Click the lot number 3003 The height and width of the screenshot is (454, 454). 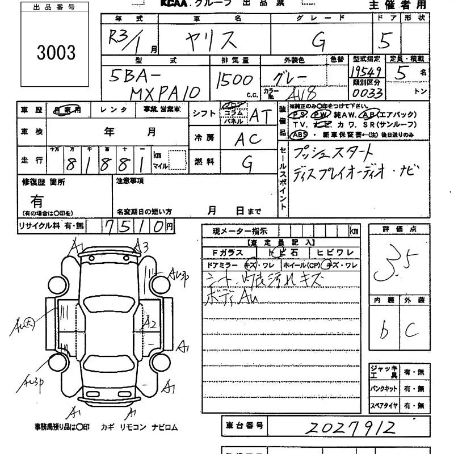pyautogui.click(x=56, y=52)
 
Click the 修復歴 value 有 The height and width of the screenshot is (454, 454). pyautogui.click(x=37, y=201)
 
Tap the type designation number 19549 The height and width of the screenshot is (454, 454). pyautogui.click(x=366, y=71)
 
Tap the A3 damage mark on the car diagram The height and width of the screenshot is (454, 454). pyautogui.click(x=141, y=246)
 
